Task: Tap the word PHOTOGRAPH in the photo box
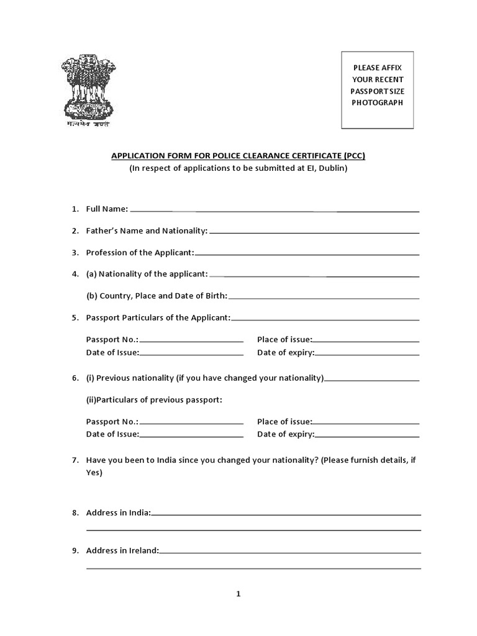(x=378, y=102)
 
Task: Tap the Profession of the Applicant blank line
(x=307, y=254)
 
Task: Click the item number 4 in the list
(x=75, y=274)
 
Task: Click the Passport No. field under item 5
(x=191, y=341)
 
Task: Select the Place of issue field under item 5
(x=366, y=341)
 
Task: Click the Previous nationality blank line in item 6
(x=371, y=380)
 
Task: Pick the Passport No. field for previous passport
(x=191, y=423)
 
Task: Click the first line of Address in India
(x=286, y=514)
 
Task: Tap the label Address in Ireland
(x=122, y=550)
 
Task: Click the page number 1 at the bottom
(x=238, y=594)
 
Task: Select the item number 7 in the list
(x=75, y=460)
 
